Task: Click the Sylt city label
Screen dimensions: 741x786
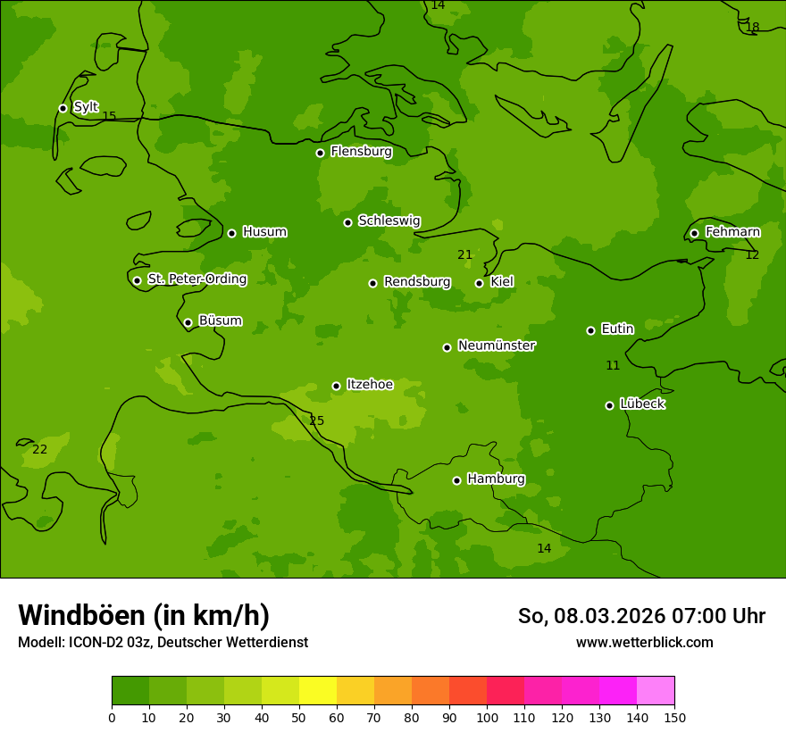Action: (86, 107)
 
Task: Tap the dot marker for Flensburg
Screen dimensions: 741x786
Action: (320, 153)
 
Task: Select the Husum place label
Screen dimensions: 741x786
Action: (264, 232)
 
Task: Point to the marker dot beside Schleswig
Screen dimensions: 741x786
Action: (347, 222)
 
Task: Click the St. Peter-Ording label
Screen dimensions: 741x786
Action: (196, 279)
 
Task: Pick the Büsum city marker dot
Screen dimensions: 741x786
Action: (188, 322)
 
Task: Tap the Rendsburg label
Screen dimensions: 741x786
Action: (417, 282)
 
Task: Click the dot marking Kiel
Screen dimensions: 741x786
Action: (479, 283)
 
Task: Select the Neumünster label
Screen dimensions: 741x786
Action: (497, 346)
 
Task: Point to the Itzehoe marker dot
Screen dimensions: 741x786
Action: (336, 386)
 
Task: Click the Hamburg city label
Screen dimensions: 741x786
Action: (496, 479)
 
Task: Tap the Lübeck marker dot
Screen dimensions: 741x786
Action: (609, 405)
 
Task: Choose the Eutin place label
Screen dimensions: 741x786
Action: (617, 329)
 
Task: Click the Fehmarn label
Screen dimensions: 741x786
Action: (732, 232)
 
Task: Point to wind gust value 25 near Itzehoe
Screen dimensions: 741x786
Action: (316, 421)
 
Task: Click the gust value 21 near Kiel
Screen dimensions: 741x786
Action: (464, 255)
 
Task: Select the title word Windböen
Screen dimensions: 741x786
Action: (81, 615)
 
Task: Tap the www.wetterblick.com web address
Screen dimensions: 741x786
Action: (644, 643)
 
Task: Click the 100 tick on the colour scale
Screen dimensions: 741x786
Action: (487, 717)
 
